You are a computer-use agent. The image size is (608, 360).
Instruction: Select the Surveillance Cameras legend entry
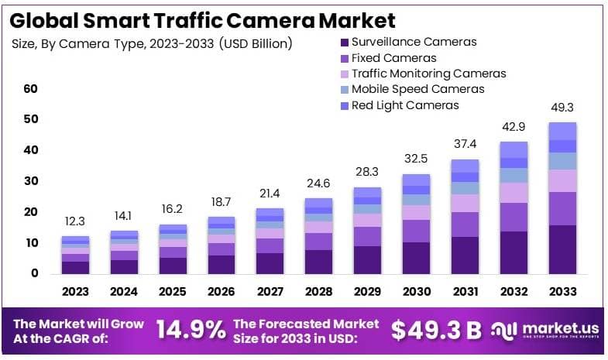pos(414,42)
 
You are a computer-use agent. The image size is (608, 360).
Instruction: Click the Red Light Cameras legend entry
pos(404,105)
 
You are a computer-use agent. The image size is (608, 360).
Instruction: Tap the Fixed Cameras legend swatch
pos(344,58)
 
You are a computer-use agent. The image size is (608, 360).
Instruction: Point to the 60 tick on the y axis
pos(30,89)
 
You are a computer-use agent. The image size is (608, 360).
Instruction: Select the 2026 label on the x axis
pos(222,292)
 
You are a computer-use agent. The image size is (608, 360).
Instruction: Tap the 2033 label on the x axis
pos(562,292)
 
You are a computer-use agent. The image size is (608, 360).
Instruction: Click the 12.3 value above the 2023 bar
pos(75,222)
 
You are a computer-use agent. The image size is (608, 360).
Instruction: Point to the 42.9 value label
pos(514,128)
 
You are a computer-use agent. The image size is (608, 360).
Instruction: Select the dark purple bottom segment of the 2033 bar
pos(563,249)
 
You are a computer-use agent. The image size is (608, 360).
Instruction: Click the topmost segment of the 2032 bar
pos(514,149)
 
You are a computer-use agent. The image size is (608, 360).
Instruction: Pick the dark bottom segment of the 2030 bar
pos(417,258)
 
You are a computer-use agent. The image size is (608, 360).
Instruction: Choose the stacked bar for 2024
pos(124,252)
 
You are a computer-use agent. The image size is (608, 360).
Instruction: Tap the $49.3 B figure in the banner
pos(436,331)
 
